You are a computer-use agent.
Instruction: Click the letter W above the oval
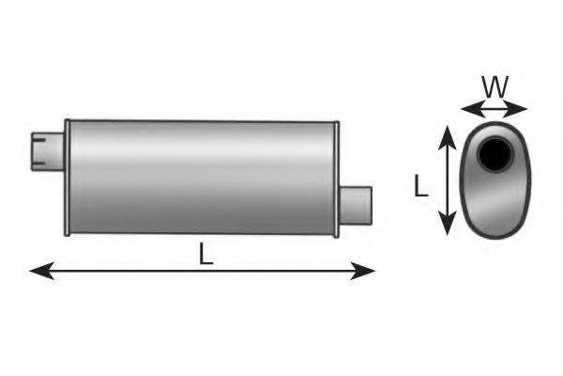click(495, 87)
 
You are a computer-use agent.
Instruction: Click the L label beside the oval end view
click(420, 186)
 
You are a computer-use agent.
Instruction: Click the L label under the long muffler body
click(206, 254)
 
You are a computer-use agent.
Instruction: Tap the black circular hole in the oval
click(495, 154)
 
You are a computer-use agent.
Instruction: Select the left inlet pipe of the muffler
click(48, 151)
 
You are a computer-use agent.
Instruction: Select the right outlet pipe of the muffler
click(356, 206)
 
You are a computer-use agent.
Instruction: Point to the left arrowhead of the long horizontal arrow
click(42, 271)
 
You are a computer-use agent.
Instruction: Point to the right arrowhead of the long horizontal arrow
click(362, 271)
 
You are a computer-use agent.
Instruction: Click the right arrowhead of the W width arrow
click(515, 109)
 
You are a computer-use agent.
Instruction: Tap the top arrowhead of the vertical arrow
click(448, 137)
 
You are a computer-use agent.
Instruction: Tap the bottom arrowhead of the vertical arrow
click(448, 223)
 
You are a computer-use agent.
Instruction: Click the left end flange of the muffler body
click(68, 178)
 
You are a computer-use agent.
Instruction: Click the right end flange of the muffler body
click(337, 180)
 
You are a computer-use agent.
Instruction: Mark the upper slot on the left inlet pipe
click(39, 139)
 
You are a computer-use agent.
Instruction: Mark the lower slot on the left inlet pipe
click(39, 164)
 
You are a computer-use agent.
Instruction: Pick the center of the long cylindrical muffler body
click(202, 178)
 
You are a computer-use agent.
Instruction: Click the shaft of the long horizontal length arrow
click(202, 271)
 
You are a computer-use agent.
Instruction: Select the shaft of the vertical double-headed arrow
click(448, 180)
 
